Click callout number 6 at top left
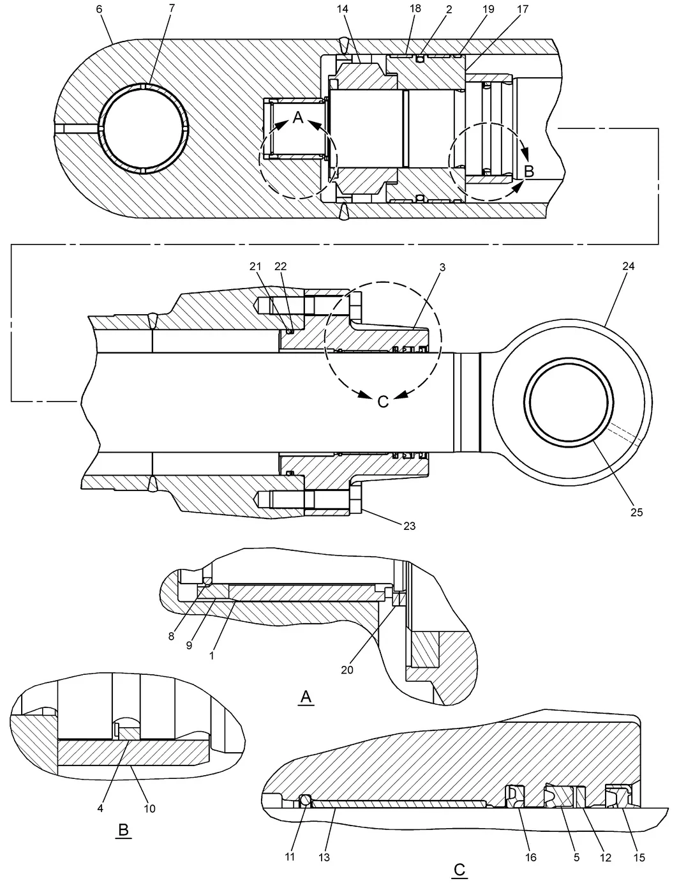(99, 10)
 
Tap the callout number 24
(628, 266)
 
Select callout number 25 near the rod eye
(637, 513)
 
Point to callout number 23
(409, 526)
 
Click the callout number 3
(443, 268)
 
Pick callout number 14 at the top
(342, 9)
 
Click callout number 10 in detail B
(149, 809)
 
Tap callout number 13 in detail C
(324, 857)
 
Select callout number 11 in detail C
(290, 857)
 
